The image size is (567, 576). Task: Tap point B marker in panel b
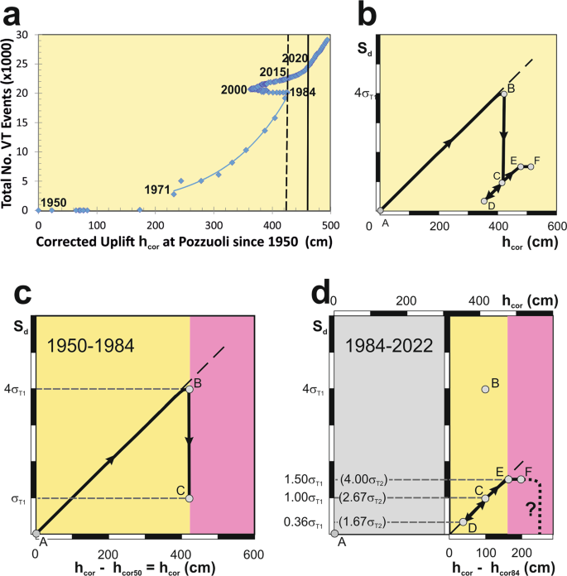click(x=502, y=93)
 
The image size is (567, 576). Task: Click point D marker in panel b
click(x=485, y=201)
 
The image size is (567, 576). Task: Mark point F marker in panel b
click(x=531, y=166)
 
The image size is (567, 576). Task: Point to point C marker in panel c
click(x=190, y=498)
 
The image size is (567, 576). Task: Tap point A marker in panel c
click(x=35, y=534)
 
